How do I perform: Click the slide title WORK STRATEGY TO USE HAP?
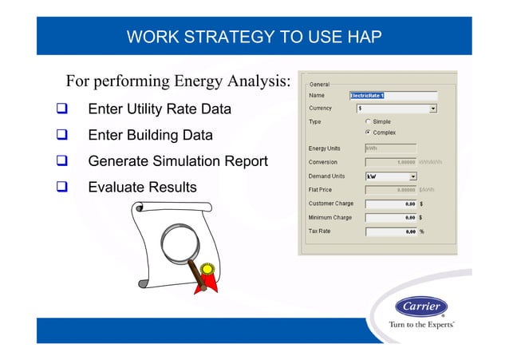coord(254,37)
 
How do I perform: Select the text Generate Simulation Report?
coord(177,162)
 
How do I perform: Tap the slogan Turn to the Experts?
coord(421,326)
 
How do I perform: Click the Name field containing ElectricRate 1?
coord(393,95)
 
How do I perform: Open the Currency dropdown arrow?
coord(433,108)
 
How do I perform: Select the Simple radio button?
coord(368,121)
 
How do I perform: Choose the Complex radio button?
coord(368,132)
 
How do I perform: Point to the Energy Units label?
coord(325,148)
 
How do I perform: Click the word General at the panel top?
coord(319,84)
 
